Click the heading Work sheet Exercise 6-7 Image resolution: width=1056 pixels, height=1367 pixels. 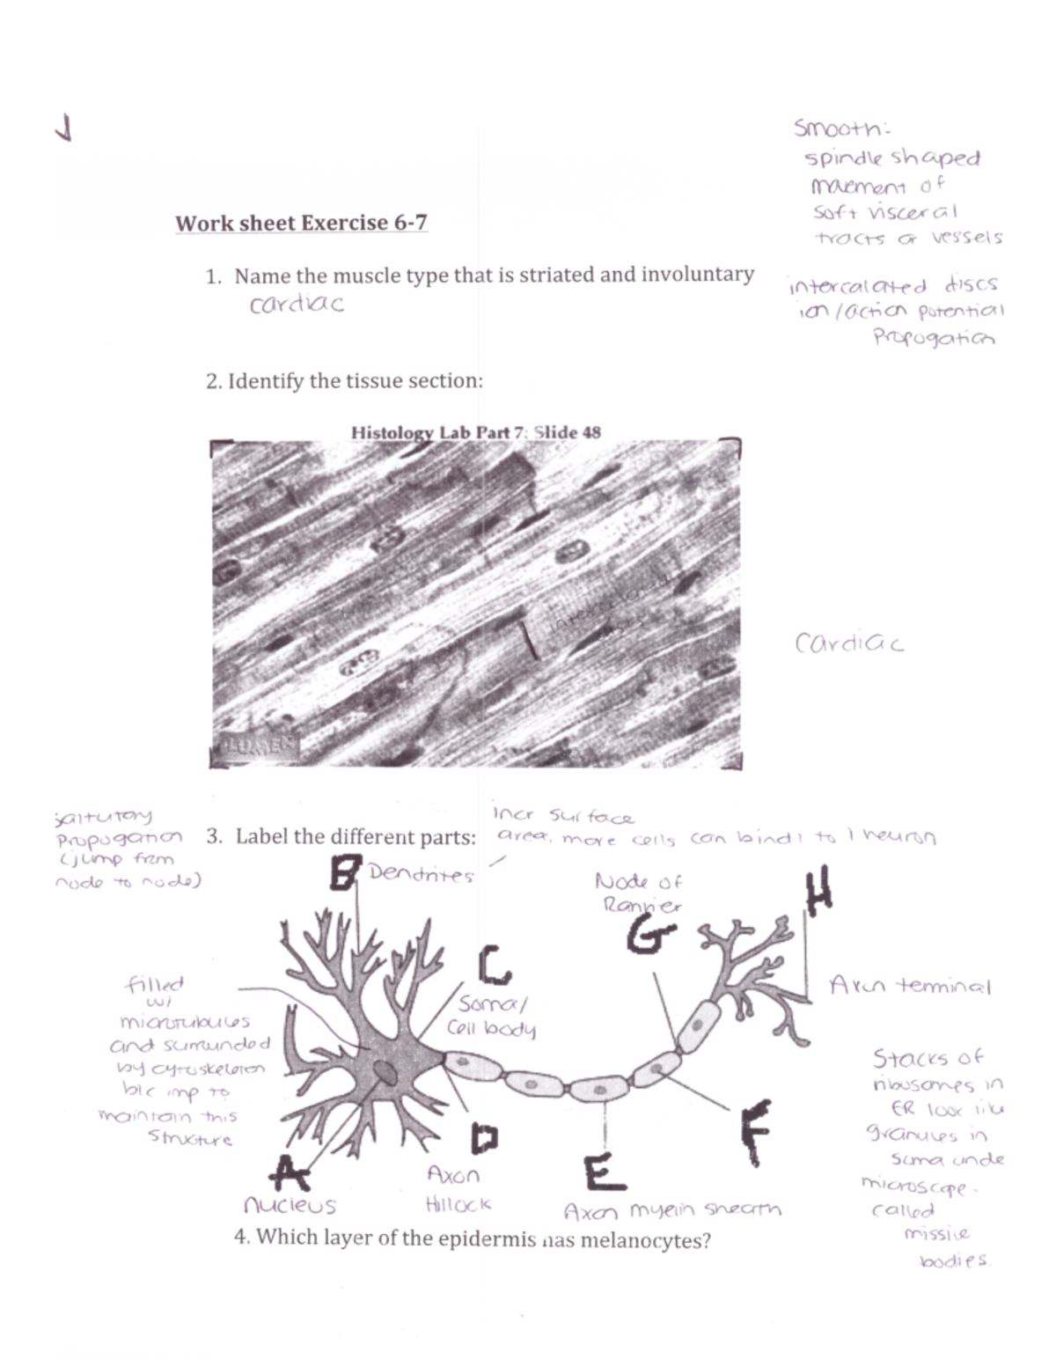301,223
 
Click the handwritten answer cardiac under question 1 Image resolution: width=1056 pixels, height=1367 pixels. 297,305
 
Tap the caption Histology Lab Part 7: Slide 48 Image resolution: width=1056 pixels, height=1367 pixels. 475,432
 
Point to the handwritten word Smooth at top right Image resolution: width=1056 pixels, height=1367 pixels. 841,129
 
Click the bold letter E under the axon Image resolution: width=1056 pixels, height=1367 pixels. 604,1172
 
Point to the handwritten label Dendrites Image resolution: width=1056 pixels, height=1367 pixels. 421,874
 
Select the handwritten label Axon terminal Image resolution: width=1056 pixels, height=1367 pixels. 910,986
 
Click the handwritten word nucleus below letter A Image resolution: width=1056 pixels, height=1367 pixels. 290,1204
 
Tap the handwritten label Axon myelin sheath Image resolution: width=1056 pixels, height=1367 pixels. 672,1210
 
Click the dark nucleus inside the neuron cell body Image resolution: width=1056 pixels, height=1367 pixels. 385,1071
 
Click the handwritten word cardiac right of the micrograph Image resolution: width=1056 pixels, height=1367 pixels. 848,643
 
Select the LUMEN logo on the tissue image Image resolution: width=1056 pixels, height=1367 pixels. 254,746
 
